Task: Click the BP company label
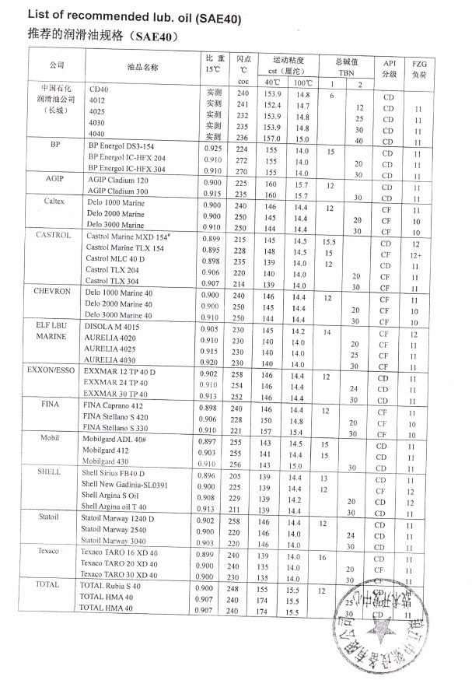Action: click(x=55, y=144)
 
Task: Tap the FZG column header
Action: click(x=419, y=68)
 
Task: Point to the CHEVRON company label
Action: click(x=53, y=290)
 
